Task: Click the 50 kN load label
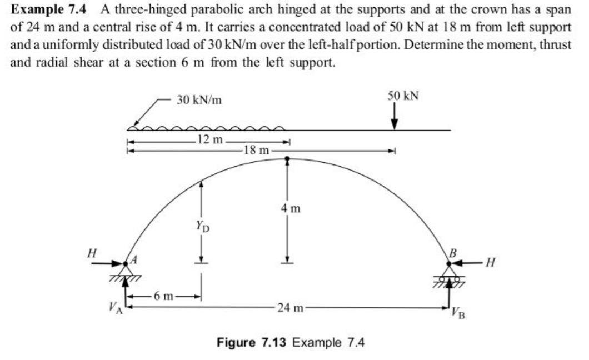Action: [403, 96]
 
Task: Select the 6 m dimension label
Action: [165, 297]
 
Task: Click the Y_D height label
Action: [201, 226]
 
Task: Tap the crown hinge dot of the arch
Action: [287, 159]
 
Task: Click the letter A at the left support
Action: [133, 259]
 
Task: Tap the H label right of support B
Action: [490, 263]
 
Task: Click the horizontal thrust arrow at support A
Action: [109, 264]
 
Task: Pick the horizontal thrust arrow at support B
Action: [467, 263]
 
